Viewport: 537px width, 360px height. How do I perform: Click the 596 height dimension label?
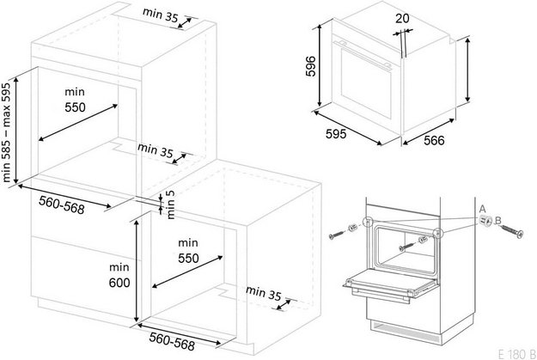pyautogui.click(x=311, y=66)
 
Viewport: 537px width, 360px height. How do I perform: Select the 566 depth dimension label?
pyautogui.click(x=434, y=140)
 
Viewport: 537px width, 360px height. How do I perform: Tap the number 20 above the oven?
pyautogui.click(x=402, y=18)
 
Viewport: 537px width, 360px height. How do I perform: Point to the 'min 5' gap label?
pyautogui.click(x=170, y=204)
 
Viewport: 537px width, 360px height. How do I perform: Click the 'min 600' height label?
pyautogui.click(x=119, y=275)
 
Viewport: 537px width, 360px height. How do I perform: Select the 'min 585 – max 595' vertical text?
pyautogui.click(x=7, y=132)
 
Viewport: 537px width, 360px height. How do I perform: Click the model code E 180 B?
pyautogui.click(x=517, y=353)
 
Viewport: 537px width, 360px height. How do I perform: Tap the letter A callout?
pyautogui.click(x=482, y=209)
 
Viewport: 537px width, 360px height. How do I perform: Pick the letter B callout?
pyautogui.click(x=498, y=220)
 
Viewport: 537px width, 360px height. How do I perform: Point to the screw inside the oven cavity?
pyautogui.click(x=406, y=247)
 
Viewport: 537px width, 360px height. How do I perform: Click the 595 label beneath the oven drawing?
pyautogui.click(x=336, y=133)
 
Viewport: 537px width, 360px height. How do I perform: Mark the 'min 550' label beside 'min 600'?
pyautogui.click(x=188, y=251)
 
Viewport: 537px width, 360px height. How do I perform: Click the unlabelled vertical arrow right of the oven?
pyautogui.click(x=467, y=70)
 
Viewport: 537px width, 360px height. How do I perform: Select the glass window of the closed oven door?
pyautogui.click(x=366, y=82)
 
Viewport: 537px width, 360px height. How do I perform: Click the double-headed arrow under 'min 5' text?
pyautogui.click(x=161, y=206)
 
